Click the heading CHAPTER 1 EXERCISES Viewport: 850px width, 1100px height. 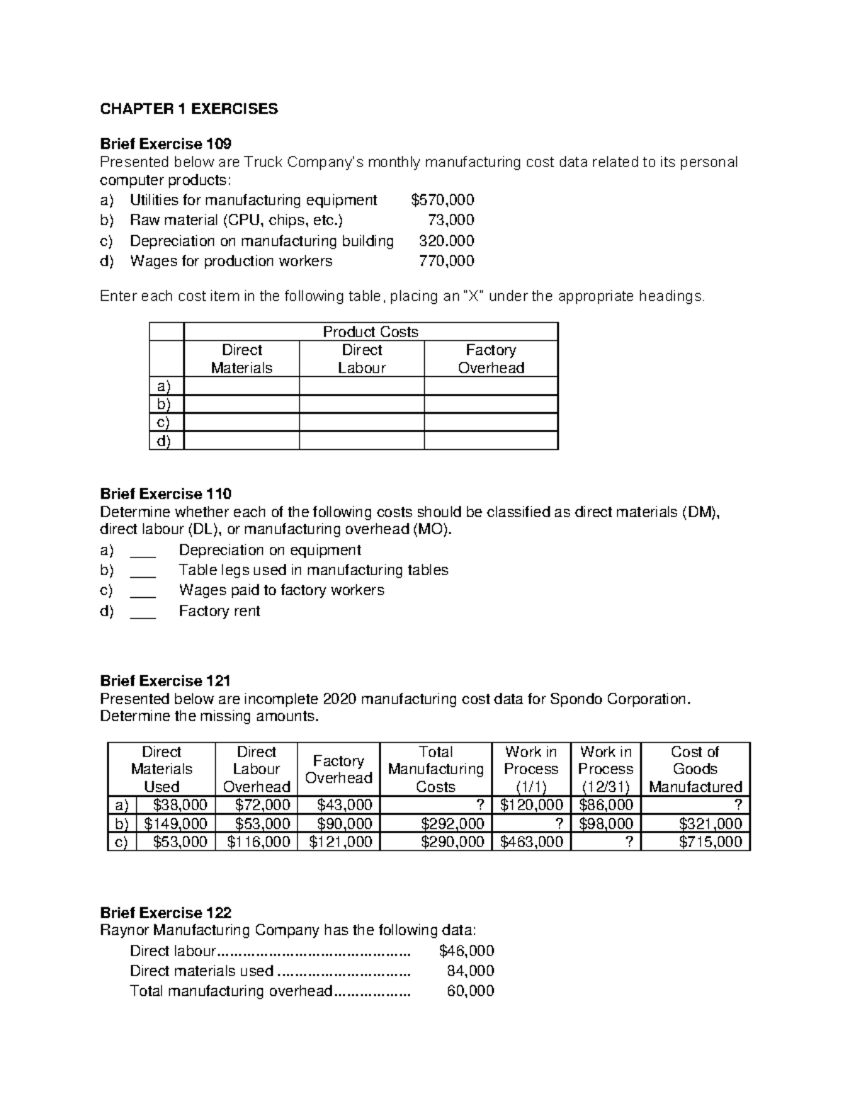(189, 109)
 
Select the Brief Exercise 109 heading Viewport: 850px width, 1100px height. (166, 144)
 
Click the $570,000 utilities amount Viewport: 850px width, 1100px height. (443, 200)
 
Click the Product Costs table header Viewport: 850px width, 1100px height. (370, 331)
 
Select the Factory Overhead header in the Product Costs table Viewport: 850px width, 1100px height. (491, 359)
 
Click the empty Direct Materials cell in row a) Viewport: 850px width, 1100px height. (241, 386)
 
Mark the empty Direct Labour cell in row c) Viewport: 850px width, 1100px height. (361, 422)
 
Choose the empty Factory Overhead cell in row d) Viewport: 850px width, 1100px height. (491, 441)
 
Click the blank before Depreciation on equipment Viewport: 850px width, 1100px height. (143, 551)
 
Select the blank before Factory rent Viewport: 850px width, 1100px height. (143, 612)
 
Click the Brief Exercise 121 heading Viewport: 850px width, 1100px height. (166, 681)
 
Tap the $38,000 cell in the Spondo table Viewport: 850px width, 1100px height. (180, 805)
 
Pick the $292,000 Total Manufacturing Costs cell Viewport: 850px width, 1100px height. (453, 824)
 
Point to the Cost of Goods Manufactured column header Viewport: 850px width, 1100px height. (695, 769)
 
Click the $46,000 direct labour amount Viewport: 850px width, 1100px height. (466, 951)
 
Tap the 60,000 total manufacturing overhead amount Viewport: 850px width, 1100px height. (470, 991)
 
